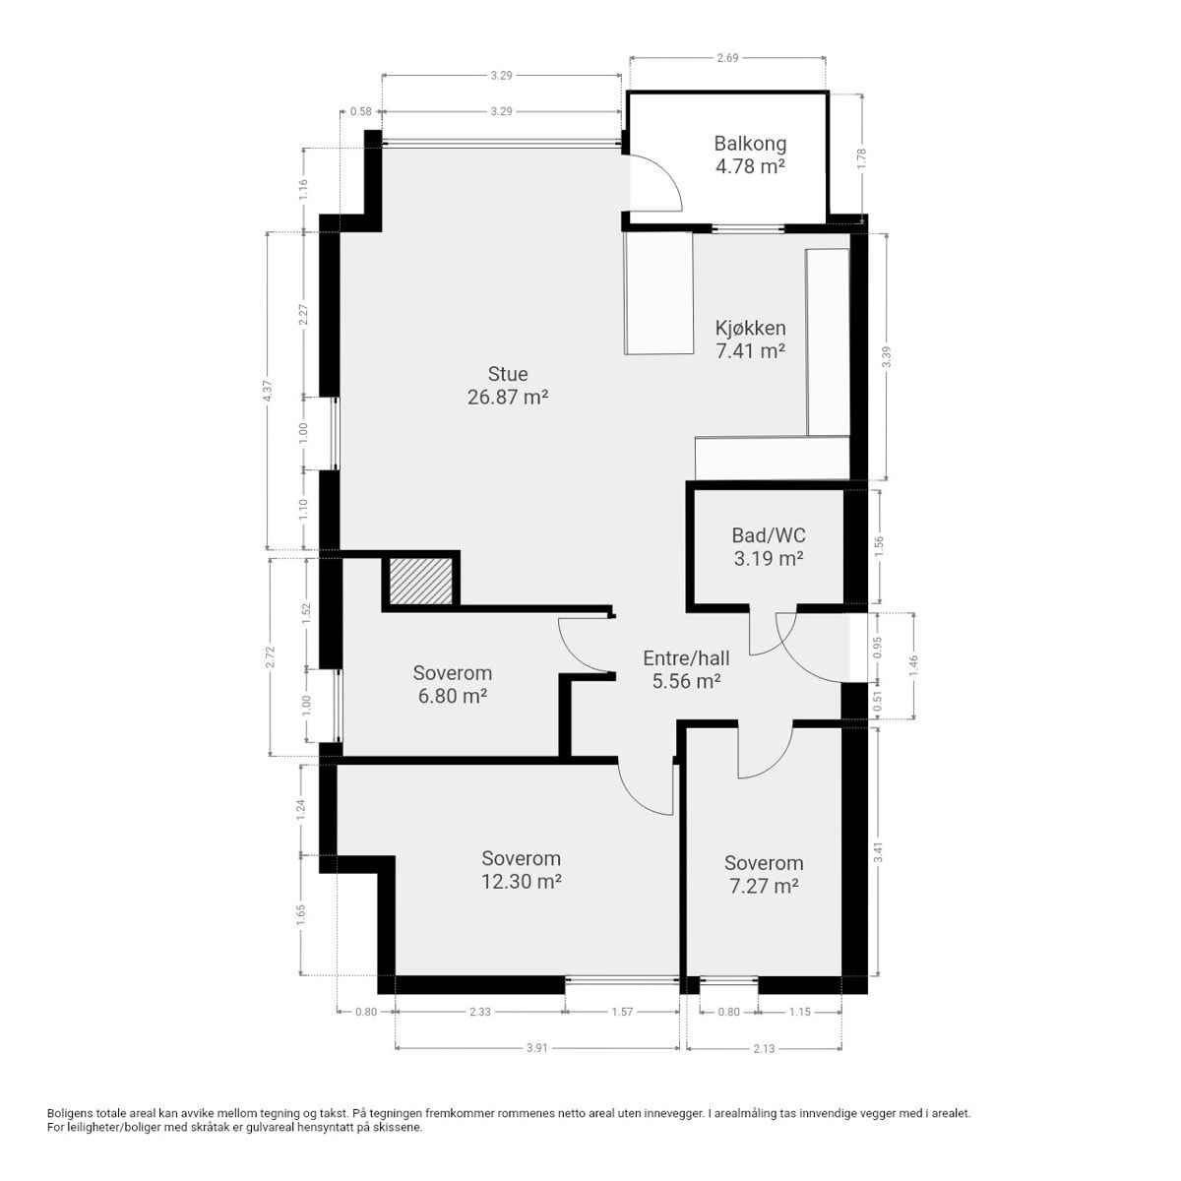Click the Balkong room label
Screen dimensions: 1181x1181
tap(750, 144)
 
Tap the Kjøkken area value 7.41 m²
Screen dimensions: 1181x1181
tap(750, 349)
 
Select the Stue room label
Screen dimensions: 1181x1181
tap(508, 374)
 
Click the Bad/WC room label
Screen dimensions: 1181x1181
tap(768, 536)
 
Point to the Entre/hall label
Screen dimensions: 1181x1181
tap(686, 658)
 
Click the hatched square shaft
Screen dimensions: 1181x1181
tap(420, 581)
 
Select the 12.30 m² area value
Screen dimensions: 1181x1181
tap(521, 882)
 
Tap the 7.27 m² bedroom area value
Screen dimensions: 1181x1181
tap(763, 886)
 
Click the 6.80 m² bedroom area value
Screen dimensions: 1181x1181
tap(452, 696)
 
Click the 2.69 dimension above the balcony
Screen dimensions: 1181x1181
tap(727, 59)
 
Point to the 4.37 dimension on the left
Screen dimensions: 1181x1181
tap(268, 391)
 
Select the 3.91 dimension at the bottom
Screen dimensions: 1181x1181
tap(536, 1048)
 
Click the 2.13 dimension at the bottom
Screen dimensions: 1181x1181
tap(764, 1048)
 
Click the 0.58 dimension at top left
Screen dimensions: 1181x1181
tap(360, 111)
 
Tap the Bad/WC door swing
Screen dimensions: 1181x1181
tap(764, 636)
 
